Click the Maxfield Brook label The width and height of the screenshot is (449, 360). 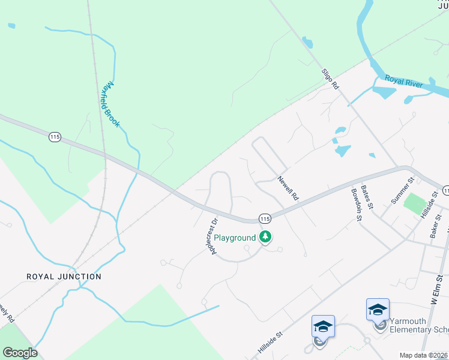click(110, 104)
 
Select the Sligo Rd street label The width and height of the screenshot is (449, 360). click(331, 79)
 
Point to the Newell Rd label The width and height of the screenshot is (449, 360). click(288, 188)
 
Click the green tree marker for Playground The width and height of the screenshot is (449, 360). click(265, 238)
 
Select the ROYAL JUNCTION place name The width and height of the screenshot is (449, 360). click(64, 277)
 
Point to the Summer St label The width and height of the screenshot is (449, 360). click(402, 191)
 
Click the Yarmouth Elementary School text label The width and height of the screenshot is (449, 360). click(419, 325)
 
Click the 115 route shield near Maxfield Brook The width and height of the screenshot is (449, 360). click(55, 137)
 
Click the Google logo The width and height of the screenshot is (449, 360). click(20, 353)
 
